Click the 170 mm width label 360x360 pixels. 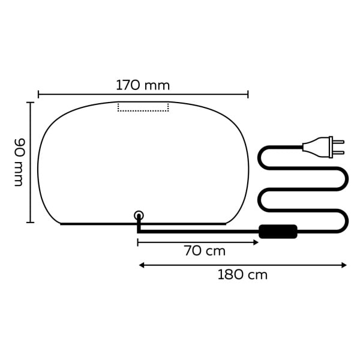(143, 85)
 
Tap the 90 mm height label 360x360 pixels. (19, 162)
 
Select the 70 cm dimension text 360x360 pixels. (204, 251)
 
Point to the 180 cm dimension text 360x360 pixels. (242, 275)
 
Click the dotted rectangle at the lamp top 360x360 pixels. (143, 107)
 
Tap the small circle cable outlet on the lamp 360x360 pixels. (139, 215)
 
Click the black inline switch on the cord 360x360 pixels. (277, 231)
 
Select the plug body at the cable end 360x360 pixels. (317, 146)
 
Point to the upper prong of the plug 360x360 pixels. (338, 142)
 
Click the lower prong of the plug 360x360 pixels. (338, 152)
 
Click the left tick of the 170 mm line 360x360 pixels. (38, 94)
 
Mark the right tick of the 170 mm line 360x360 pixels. (248, 94)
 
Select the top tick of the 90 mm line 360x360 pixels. (30, 103)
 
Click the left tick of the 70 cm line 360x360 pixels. (138, 242)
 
